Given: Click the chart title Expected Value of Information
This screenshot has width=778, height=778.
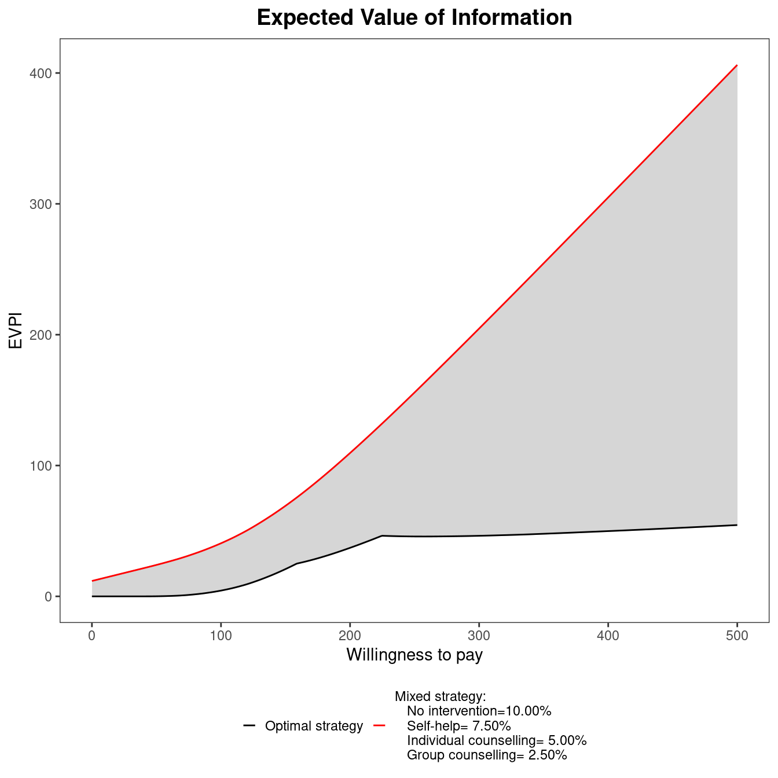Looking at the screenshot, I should pos(414,18).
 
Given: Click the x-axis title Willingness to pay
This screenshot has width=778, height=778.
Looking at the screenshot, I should pos(414,655).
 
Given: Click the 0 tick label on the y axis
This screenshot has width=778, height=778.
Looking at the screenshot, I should pos(49,597).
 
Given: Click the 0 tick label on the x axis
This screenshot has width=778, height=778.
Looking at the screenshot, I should pos(91,635).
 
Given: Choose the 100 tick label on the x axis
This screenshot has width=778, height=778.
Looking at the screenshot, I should pos(221,635).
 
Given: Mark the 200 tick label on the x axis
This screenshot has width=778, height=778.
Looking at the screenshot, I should pos(350,635).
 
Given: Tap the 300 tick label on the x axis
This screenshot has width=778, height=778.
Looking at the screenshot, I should pos(479,635).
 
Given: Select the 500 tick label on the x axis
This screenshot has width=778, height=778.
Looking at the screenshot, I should pos(737,635).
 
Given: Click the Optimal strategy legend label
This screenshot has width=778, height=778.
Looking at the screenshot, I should pos(314,726).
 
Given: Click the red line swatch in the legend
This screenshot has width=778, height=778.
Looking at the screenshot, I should pos(380,725).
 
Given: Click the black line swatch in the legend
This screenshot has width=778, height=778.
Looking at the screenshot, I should pos(249,725).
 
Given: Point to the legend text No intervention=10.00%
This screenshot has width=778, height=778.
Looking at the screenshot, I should pos(479,711).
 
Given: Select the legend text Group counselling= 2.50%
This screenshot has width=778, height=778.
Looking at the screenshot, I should pos(487,755).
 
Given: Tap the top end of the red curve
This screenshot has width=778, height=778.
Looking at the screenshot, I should pos(737,65).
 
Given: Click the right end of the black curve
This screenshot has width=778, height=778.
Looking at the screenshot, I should pos(737,525).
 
